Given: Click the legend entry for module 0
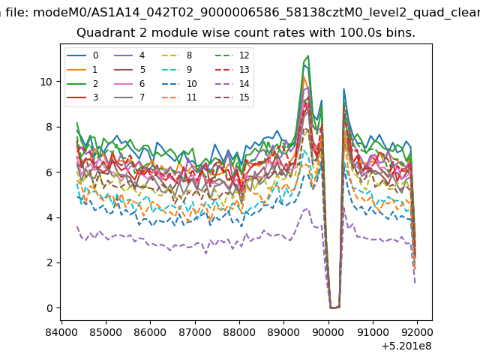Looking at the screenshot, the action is pos(82,55).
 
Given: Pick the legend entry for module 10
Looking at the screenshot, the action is pos(178,83).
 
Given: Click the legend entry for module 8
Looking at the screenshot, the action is pos(177,55).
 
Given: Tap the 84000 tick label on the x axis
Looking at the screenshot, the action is pos(61,332).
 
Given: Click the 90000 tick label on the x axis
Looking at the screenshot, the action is pos(328,332).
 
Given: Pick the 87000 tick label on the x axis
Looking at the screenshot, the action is pos(195,332).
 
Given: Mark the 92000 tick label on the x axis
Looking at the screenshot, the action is pos(417,332).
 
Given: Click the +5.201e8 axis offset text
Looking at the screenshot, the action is pos(406,346).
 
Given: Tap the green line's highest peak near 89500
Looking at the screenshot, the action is pos(308,55).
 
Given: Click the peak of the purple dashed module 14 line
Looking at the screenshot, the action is pos(307,209).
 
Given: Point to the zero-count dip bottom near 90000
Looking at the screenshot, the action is pos(334,307).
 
